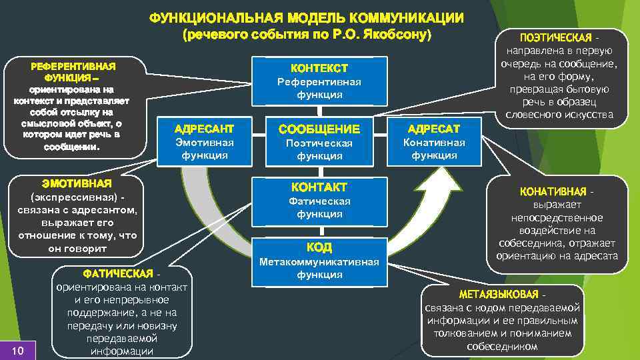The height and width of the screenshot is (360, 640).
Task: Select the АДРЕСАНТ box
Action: point(203,141)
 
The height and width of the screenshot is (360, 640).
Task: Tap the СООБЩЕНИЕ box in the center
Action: point(319,141)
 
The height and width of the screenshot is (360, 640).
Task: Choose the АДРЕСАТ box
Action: point(434,141)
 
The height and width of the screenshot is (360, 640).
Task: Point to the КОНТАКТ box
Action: point(319,200)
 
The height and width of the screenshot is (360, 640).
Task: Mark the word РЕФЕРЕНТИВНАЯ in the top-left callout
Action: point(73,67)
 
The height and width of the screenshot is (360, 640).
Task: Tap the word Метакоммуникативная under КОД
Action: point(319,261)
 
